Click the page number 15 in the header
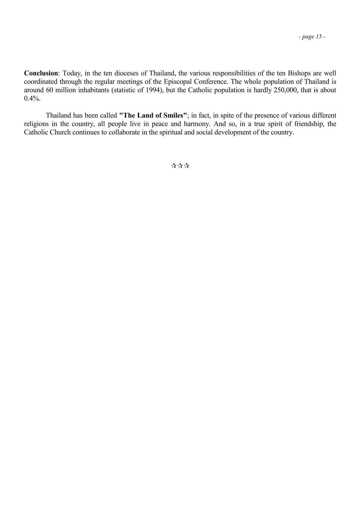pos(319,37)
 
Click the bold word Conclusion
pos(41,73)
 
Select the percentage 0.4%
pos(32,99)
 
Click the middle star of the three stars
pos(180,165)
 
